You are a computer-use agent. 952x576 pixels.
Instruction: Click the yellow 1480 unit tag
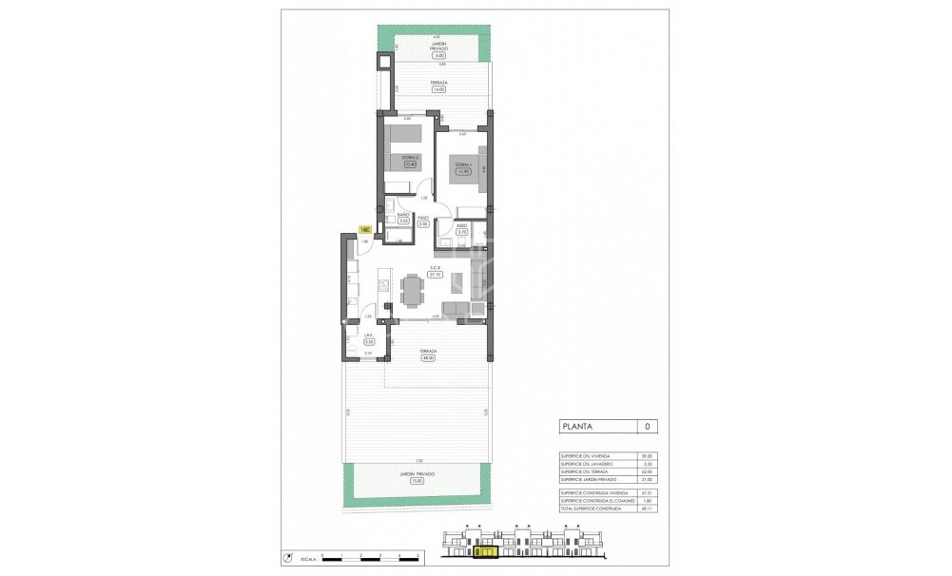[364, 229]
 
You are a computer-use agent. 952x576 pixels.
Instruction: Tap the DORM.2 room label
[411, 158]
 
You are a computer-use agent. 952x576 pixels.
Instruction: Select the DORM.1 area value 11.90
[463, 172]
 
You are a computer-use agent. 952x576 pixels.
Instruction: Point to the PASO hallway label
[423, 218]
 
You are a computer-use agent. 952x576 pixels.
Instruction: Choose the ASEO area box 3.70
[462, 232]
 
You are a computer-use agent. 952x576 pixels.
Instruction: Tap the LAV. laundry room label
[368, 336]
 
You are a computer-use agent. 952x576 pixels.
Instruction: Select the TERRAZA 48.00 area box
[428, 358]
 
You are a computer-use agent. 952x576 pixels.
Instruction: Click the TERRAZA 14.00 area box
[438, 89]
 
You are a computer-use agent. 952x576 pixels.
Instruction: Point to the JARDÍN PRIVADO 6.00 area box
[438, 56]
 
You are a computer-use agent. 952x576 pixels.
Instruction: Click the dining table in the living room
[412, 290]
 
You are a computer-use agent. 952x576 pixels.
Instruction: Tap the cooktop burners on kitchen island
[385, 282]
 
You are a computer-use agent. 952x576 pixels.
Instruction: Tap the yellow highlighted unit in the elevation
[485, 550]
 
